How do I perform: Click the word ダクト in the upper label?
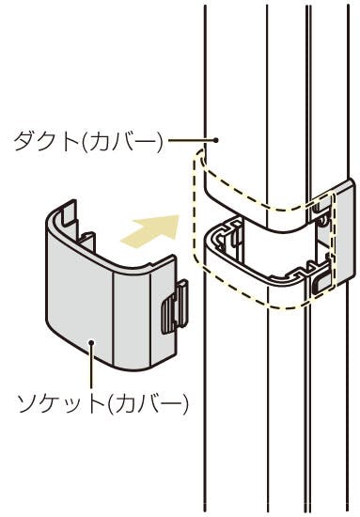47,141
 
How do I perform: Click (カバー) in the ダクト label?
122,141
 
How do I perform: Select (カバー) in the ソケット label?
147,403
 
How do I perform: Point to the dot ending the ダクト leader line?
216,140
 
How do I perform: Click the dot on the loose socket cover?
92,342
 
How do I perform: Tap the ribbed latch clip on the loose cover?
175,306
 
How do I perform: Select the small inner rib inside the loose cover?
86,242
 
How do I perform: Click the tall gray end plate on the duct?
345,231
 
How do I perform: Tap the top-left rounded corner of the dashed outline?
198,157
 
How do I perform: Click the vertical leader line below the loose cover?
92,367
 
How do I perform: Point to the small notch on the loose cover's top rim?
149,265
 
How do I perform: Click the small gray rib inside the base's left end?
234,238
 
